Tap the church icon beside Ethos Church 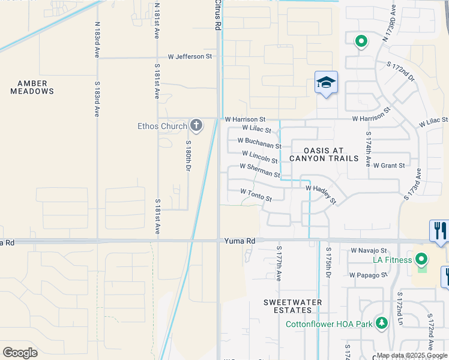coord(196,125)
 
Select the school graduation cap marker coord(326,83)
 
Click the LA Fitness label coord(392,260)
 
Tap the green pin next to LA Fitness coord(421,260)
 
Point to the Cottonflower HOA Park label coord(328,324)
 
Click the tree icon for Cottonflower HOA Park coord(381,323)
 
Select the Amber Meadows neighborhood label coord(32,87)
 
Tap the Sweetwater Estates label coord(292,306)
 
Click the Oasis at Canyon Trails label coord(324,154)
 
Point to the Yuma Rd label coord(240,241)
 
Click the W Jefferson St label coord(190,56)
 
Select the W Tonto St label coord(256,194)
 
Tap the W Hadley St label coord(321,193)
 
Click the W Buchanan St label coord(259,143)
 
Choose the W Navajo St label coord(369,250)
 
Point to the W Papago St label coord(369,275)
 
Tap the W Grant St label coord(389,165)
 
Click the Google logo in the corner coord(20,352)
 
